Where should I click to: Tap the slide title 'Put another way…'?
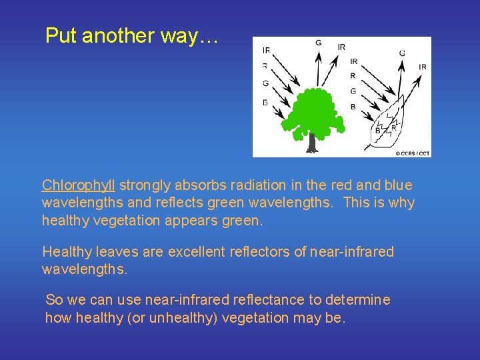pyautogui.click(x=131, y=36)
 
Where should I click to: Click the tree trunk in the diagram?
pyautogui.click(x=311, y=141)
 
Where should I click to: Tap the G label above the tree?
pyautogui.click(x=319, y=43)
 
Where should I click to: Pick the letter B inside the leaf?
pyautogui.click(x=378, y=131)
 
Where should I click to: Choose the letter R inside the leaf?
pyautogui.click(x=393, y=127)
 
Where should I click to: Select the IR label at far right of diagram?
pyautogui.click(x=422, y=67)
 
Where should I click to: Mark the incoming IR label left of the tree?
pyautogui.click(x=266, y=50)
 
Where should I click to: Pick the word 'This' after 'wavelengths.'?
pyautogui.click(x=357, y=203)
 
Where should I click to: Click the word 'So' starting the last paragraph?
pyautogui.click(x=53, y=300)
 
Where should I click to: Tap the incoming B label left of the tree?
pyautogui.click(x=265, y=102)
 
